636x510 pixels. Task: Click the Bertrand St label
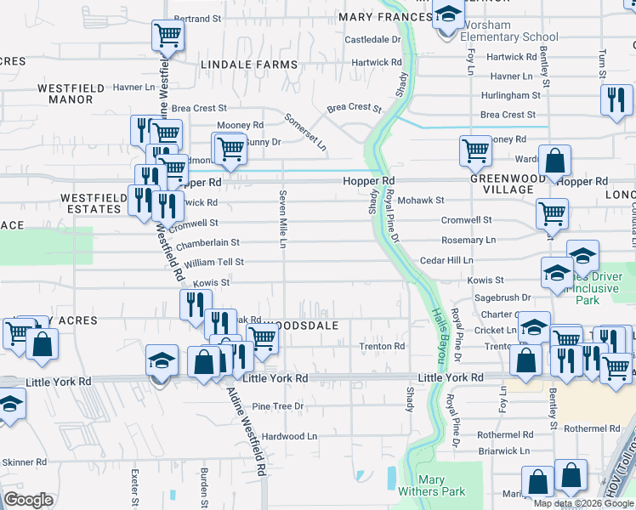[197, 18]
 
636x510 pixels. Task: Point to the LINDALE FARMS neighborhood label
[249, 65]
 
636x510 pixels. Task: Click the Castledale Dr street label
[372, 40]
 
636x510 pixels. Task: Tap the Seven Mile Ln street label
[283, 218]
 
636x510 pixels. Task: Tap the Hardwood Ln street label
[289, 436]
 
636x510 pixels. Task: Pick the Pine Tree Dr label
[277, 407]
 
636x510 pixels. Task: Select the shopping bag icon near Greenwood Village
[554, 161]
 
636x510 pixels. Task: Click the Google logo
[29, 500]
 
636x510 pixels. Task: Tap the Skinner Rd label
[24, 462]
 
